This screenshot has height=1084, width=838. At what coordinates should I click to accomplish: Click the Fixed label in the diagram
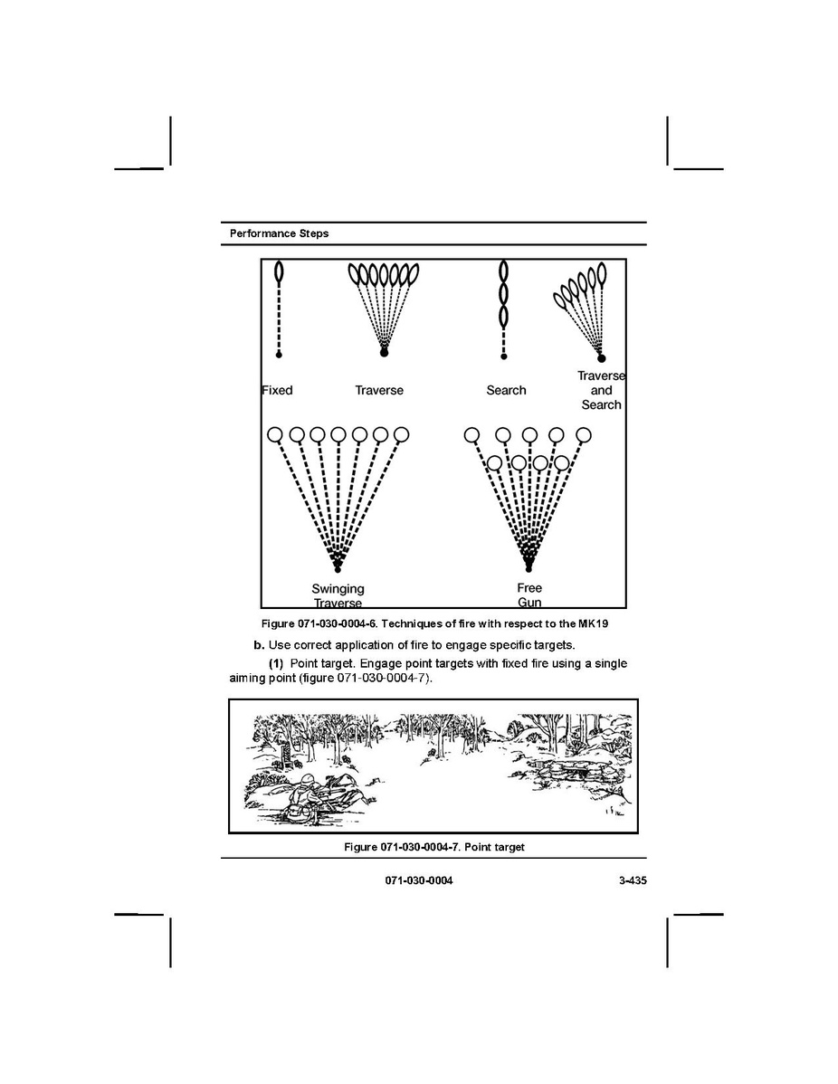(x=277, y=390)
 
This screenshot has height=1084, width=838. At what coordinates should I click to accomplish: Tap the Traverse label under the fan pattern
(x=379, y=390)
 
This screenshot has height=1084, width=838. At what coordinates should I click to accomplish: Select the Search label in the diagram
(x=506, y=390)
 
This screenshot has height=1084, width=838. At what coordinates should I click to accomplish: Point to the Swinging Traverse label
(x=338, y=595)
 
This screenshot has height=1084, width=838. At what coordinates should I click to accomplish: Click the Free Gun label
(x=529, y=594)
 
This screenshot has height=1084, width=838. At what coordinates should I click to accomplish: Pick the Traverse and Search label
(x=602, y=390)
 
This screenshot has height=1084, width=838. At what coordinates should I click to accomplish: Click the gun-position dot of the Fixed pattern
(x=279, y=355)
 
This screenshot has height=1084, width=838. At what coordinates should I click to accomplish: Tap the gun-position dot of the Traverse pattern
(x=384, y=352)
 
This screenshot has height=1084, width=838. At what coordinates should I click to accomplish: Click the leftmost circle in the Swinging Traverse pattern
(x=274, y=434)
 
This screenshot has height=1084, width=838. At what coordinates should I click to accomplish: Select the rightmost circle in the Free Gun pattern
(x=586, y=434)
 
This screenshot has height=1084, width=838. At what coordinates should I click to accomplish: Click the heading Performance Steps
(x=279, y=233)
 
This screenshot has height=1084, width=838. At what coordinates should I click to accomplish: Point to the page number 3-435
(x=626, y=880)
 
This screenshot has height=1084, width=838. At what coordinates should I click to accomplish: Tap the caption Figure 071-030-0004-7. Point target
(x=433, y=847)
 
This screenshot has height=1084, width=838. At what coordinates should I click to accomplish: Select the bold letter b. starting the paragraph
(x=259, y=645)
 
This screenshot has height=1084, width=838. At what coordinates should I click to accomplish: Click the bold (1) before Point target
(x=277, y=664)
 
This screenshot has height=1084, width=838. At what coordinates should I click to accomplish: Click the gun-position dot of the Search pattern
(x=504, y=356)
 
